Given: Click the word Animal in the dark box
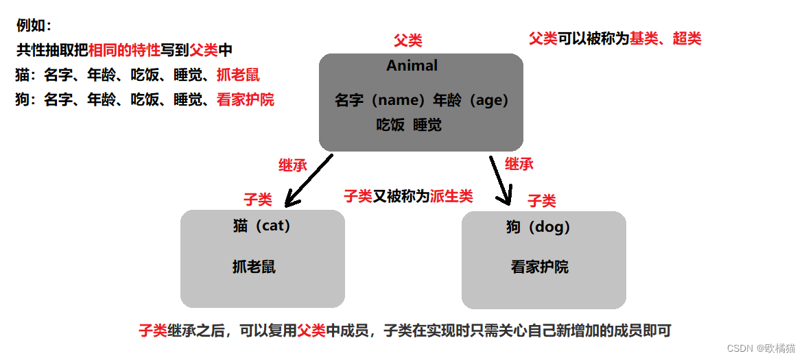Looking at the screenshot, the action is point(412,66).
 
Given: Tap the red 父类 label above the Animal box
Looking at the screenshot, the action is point(407,40).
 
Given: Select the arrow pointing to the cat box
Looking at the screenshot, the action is point(308,181).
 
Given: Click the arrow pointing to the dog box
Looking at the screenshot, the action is point(501,180).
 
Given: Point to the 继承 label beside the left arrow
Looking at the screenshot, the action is point(292,165).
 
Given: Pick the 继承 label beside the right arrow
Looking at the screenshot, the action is point(519,164).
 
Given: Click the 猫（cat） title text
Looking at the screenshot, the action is point(262,226).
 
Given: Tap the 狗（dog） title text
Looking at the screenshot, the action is point(538,226).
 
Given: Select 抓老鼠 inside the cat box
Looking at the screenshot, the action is point(254,267).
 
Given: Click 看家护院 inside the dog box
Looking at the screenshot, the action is point(539,267).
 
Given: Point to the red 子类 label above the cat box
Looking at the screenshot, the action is point(258,200).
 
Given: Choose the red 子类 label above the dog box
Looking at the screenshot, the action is point(541,200).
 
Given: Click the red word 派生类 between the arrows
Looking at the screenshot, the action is point(451,196).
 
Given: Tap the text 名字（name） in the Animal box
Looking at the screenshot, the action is point(381,100).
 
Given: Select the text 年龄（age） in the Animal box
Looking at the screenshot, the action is point(471,100).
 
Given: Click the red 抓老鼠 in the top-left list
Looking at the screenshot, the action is point(238,75).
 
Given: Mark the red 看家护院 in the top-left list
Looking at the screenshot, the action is point(245,99).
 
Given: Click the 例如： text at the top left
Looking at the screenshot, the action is point(34,26).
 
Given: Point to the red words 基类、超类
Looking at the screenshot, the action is point(665,38).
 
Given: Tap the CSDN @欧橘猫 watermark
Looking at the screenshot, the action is point(761,348).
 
